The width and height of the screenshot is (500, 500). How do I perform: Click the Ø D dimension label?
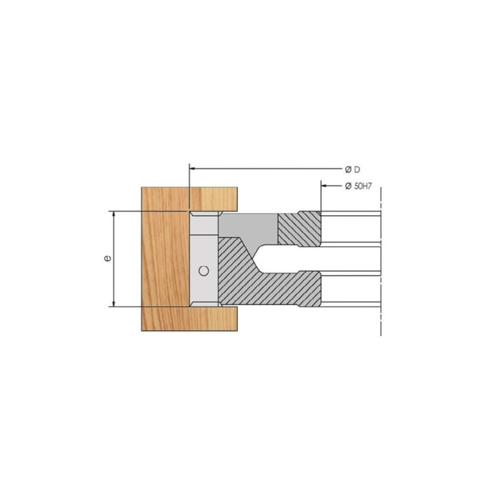(x=352, y=169)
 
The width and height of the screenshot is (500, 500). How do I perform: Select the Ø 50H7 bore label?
(x=358, y=186)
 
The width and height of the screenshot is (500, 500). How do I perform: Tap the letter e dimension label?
(x=107, y=258)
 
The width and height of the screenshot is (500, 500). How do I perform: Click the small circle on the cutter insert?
(x=204, y=271)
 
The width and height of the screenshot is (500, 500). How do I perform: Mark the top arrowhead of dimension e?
(x=114, y=214)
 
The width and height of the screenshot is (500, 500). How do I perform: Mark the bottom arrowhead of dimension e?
(x=114, y=303)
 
